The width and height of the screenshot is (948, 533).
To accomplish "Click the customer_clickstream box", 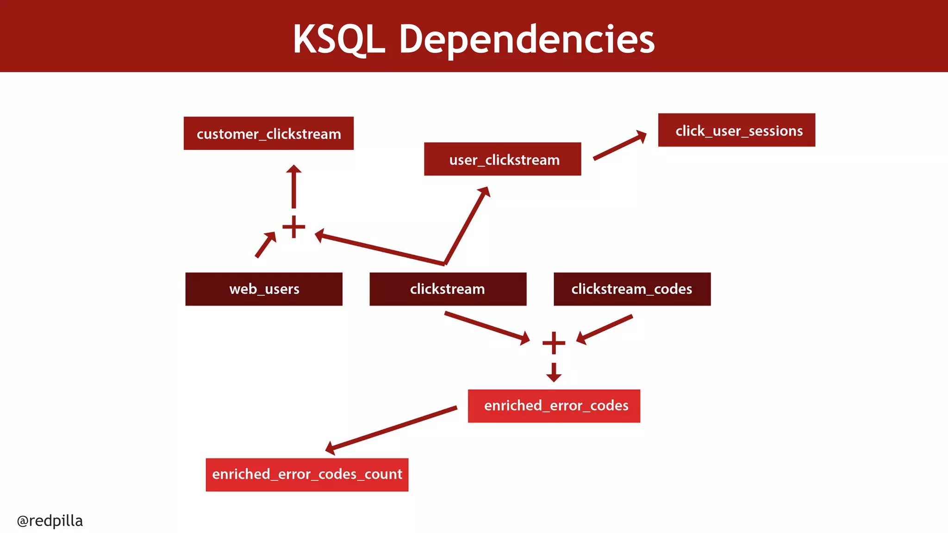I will pos(268,133).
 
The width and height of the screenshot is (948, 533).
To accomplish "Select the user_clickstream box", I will pos(502,159).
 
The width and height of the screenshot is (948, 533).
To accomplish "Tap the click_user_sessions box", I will pos(736,130).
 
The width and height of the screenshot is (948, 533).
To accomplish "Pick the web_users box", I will pos(264,289).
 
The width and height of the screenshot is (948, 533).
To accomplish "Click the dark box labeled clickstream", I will pos(448,289).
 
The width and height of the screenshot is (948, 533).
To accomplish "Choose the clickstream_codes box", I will pos(632,289).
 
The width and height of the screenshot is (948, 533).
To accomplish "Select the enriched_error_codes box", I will pos(554,406).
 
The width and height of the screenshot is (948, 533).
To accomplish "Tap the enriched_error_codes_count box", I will pos(307,475).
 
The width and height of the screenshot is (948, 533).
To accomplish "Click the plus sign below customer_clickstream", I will pos(293,227).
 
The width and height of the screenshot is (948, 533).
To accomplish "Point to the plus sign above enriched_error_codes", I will pos(554,343).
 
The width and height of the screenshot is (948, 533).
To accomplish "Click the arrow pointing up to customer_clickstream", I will pos(293,187).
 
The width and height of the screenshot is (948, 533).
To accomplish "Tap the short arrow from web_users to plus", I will pos(266,244).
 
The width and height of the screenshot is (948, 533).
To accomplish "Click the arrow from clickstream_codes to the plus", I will pos(605,329).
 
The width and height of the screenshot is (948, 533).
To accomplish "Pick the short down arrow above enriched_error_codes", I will pos(554,372).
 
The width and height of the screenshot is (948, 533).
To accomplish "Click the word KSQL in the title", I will pos(339,39).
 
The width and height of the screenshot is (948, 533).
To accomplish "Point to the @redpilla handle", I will pos(50,521).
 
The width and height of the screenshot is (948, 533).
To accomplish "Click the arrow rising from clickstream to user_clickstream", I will pos(467,225).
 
